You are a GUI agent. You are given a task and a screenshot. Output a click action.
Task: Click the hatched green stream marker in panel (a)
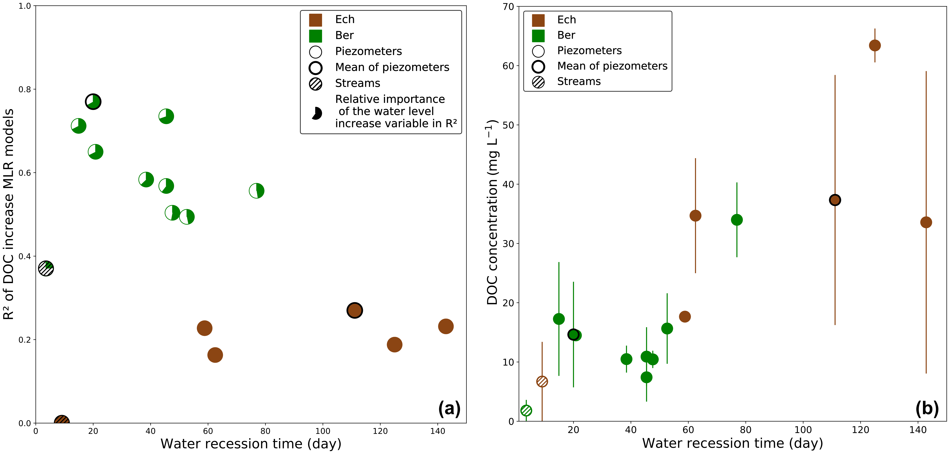pos(46,268)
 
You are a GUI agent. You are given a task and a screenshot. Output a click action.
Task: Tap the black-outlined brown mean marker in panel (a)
pos(354,310)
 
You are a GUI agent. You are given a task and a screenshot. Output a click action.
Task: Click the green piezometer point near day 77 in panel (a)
pos(256,191)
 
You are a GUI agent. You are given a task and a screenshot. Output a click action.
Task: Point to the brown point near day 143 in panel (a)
pos(446,326)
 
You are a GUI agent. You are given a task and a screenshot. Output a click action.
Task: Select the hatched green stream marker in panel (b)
pos(526,410)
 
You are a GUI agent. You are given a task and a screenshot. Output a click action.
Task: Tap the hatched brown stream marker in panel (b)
pos(542,381)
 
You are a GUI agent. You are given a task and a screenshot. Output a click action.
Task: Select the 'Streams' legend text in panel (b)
pos(579,81)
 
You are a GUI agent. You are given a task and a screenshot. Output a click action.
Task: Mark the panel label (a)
pos(449,408)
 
